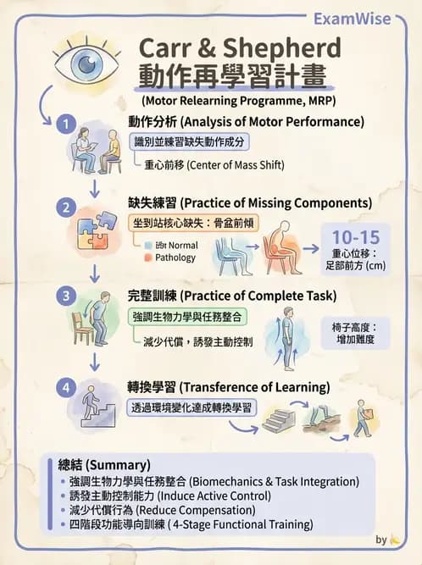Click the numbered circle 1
coord(64,125)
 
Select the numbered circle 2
coord(64,207)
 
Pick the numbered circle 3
coord(64,296)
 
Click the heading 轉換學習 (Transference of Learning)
coord(229,387)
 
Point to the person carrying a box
coord(362,421)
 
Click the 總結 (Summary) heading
coord(104,465)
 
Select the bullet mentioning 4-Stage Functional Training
coord(192,524)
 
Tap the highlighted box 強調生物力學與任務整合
coord(195,317)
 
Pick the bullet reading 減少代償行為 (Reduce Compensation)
coord(164,510)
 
